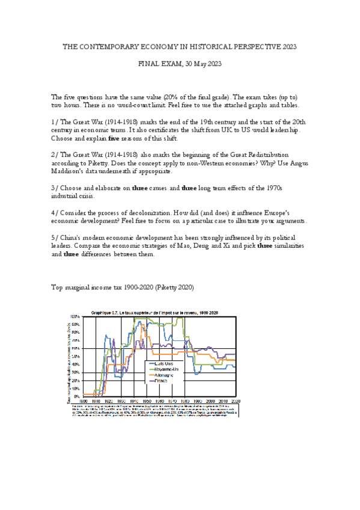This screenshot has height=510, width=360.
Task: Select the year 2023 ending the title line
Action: point(287,46)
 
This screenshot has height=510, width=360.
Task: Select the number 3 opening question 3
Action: point(53,188)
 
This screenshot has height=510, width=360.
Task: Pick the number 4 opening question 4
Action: point(53,214)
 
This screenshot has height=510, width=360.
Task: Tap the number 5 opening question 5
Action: point(53,238)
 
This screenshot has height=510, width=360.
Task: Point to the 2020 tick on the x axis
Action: point(235,401)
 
